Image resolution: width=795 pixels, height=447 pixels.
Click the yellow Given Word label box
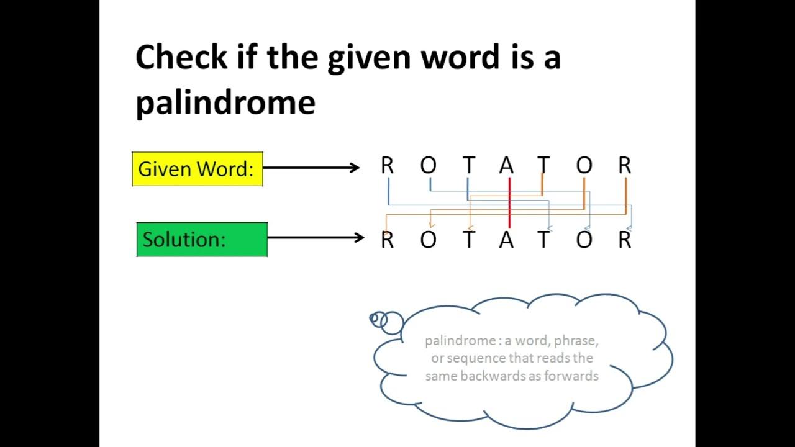197,169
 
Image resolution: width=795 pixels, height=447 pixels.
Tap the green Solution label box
202,239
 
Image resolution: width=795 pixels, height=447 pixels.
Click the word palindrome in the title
225,102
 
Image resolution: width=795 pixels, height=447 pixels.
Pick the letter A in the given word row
507,166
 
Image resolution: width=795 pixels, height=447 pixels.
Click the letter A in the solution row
507,240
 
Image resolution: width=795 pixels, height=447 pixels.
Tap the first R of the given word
388,166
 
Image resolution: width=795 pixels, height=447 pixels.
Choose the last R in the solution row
625,240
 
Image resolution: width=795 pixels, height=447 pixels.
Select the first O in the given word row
429,166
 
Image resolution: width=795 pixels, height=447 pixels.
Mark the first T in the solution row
469,240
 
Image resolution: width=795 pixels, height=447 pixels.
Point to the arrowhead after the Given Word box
355,167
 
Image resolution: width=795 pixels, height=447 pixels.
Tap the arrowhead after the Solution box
359,237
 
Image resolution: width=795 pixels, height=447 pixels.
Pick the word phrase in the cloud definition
576,340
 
